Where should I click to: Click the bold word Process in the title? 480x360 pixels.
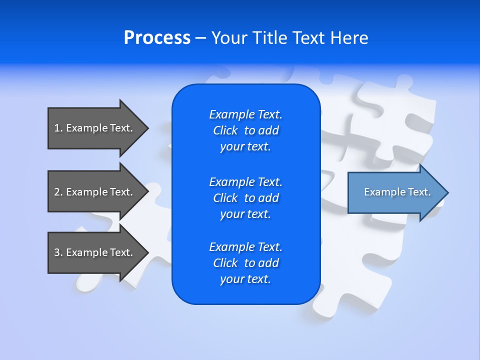(x=157, y=38)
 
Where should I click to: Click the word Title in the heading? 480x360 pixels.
(x=269, y=38)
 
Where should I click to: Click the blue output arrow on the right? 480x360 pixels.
(x=390, y=192)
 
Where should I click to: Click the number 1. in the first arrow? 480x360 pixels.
(x=58, y=128)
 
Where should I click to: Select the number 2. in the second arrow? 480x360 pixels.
(x=58, y=192)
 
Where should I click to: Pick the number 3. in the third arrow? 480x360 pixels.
(x=58, y=252)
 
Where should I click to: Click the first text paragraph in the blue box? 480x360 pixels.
(x=245, y=130)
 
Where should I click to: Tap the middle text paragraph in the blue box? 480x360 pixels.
(x=245, y=197)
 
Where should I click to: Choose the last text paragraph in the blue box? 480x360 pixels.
(x=245, y=263)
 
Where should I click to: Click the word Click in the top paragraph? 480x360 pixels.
(x=225, y=130)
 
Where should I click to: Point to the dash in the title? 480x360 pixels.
(x=200, y=38)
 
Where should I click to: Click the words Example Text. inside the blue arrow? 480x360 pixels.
(x=397, y=192)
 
